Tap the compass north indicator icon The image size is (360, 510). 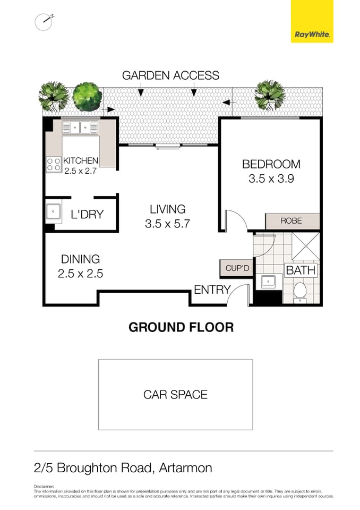point(44,21)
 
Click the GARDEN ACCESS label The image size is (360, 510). point(170,75)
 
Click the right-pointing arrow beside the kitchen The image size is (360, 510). point(110,110)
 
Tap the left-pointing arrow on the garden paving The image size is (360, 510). point(227,101)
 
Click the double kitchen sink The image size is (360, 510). point(80,128)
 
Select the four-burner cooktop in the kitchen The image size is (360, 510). point(54,164)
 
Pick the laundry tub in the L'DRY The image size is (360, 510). point(54,211)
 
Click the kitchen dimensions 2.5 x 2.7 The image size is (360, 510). point(80,171)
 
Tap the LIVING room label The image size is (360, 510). point(167,209)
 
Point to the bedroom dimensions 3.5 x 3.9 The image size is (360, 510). point(271,179)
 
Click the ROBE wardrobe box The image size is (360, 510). point(292,220)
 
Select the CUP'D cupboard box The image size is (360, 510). point(237,268)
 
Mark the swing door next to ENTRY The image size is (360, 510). point(239,295)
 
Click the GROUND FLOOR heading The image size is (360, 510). point(181,327)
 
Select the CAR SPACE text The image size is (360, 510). point(175,395)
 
